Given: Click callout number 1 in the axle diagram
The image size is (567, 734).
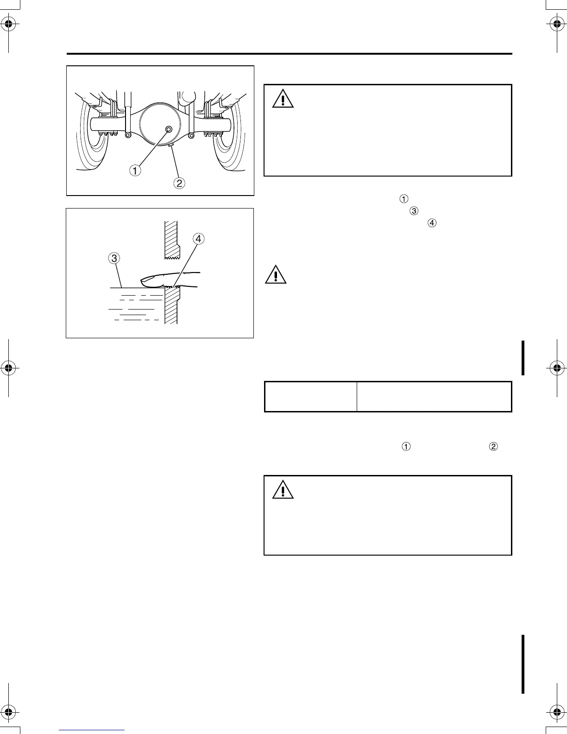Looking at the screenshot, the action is click(x=135, y=171).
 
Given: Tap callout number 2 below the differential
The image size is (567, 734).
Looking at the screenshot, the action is click(x=179, y=183).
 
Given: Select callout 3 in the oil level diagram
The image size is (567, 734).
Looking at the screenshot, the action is click(x=114, y=259).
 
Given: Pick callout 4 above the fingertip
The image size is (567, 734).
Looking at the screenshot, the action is click(x=198, y=239).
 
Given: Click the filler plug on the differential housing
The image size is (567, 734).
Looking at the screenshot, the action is click(x=168, y=128).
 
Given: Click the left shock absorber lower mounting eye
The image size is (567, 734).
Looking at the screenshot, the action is click(x=128, y=135).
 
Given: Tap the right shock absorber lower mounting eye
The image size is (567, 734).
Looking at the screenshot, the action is click(x=191, y=135).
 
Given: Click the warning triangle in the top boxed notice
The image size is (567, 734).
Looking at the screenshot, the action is click(x=283, y=99).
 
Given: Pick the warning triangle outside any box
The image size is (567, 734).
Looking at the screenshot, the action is click(x=276, y=275).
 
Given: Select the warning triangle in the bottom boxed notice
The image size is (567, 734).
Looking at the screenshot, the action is click(x=283, y=490).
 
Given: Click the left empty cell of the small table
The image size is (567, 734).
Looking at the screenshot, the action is click(x=310, y=397).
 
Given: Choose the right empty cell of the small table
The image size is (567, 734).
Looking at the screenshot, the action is click(x=434, y=397).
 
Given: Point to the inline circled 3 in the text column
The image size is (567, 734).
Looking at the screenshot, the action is click(x=414, y=211).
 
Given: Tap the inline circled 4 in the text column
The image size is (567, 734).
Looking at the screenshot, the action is click(x=431, y=223).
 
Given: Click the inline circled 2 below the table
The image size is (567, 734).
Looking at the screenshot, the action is click(x=494, y=447).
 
